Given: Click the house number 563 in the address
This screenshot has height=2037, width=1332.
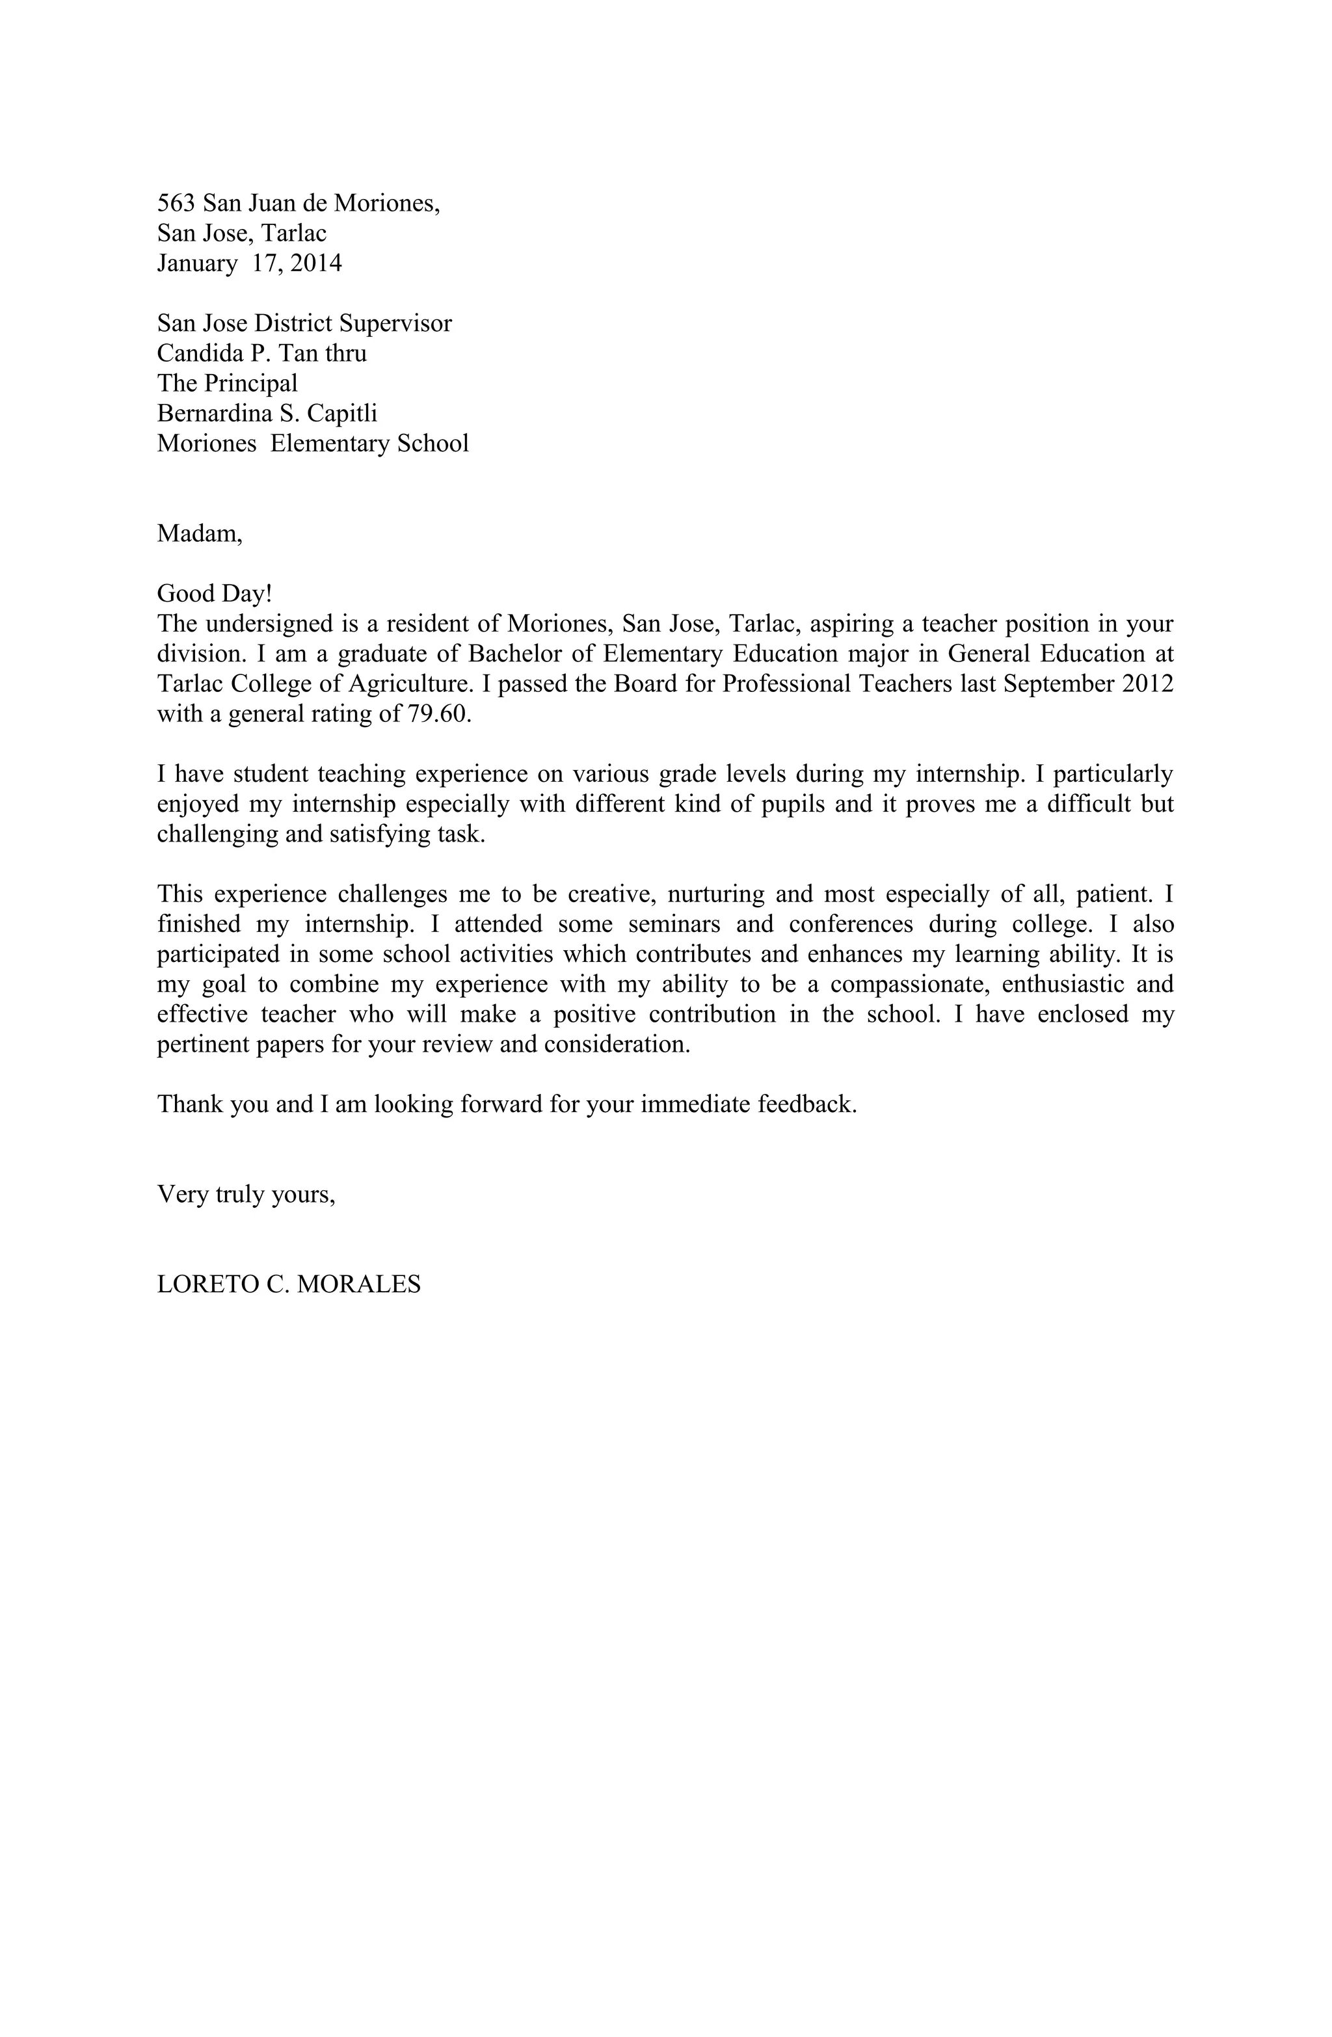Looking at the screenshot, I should tap(176, 203).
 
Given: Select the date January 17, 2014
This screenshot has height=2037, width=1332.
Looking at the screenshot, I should tap(248, 263).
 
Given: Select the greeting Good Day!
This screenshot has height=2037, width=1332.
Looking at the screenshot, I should tap(214, 593).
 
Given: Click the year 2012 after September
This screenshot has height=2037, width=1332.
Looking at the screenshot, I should tap(1147, 684).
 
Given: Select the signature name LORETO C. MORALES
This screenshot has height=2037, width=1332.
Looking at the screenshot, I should tap(289, 1284).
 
